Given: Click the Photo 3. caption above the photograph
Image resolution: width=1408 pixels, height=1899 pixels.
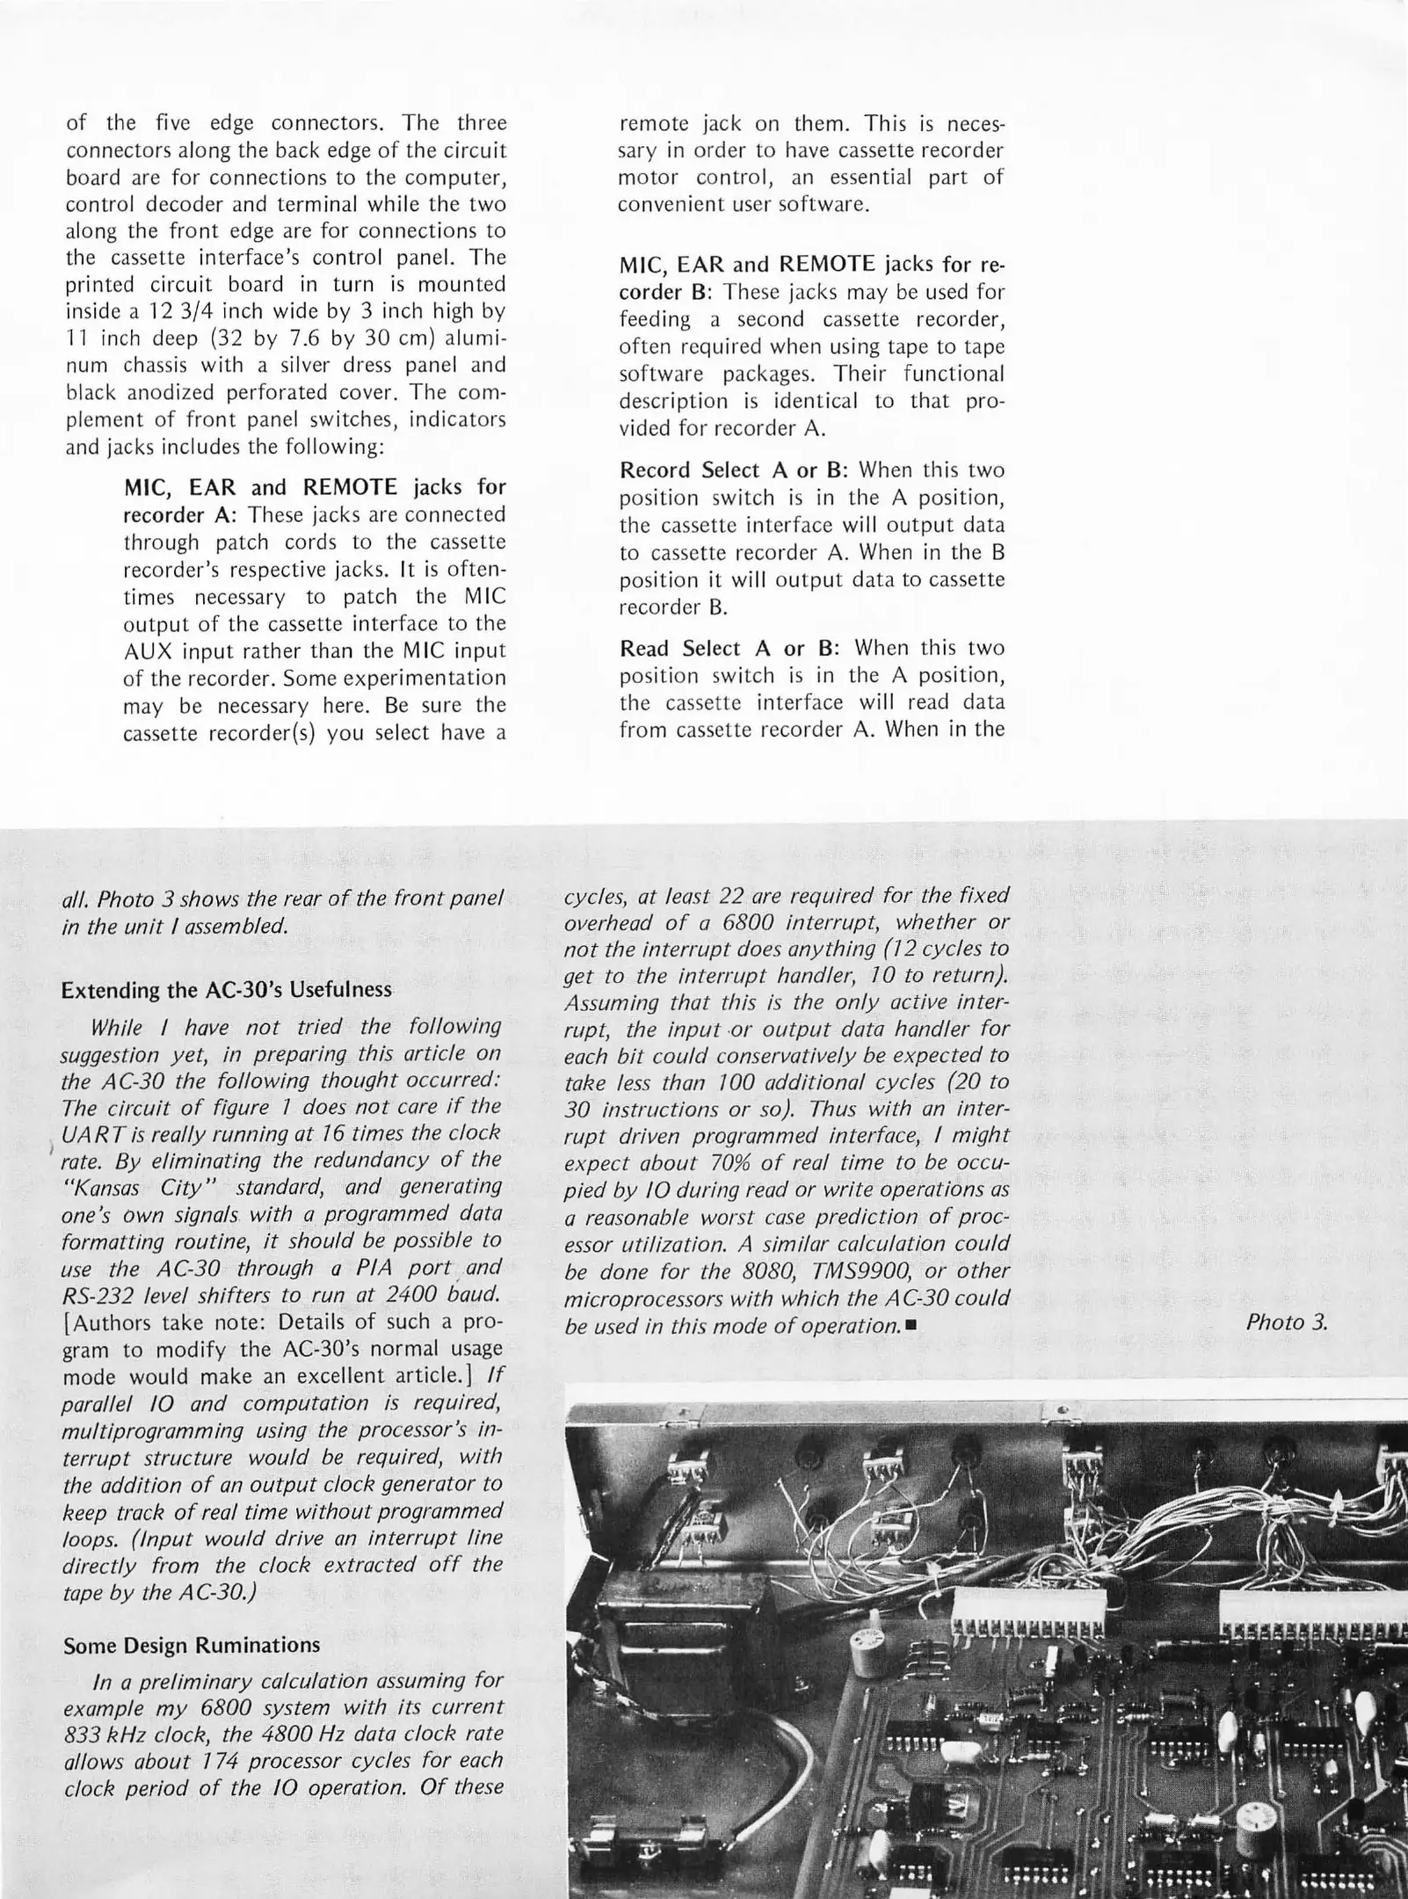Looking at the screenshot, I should (1286, 1322).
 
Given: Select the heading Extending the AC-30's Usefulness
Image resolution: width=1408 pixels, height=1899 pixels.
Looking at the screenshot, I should (227, 990).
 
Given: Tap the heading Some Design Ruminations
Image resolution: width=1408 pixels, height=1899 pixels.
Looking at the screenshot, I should (192, 1645).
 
